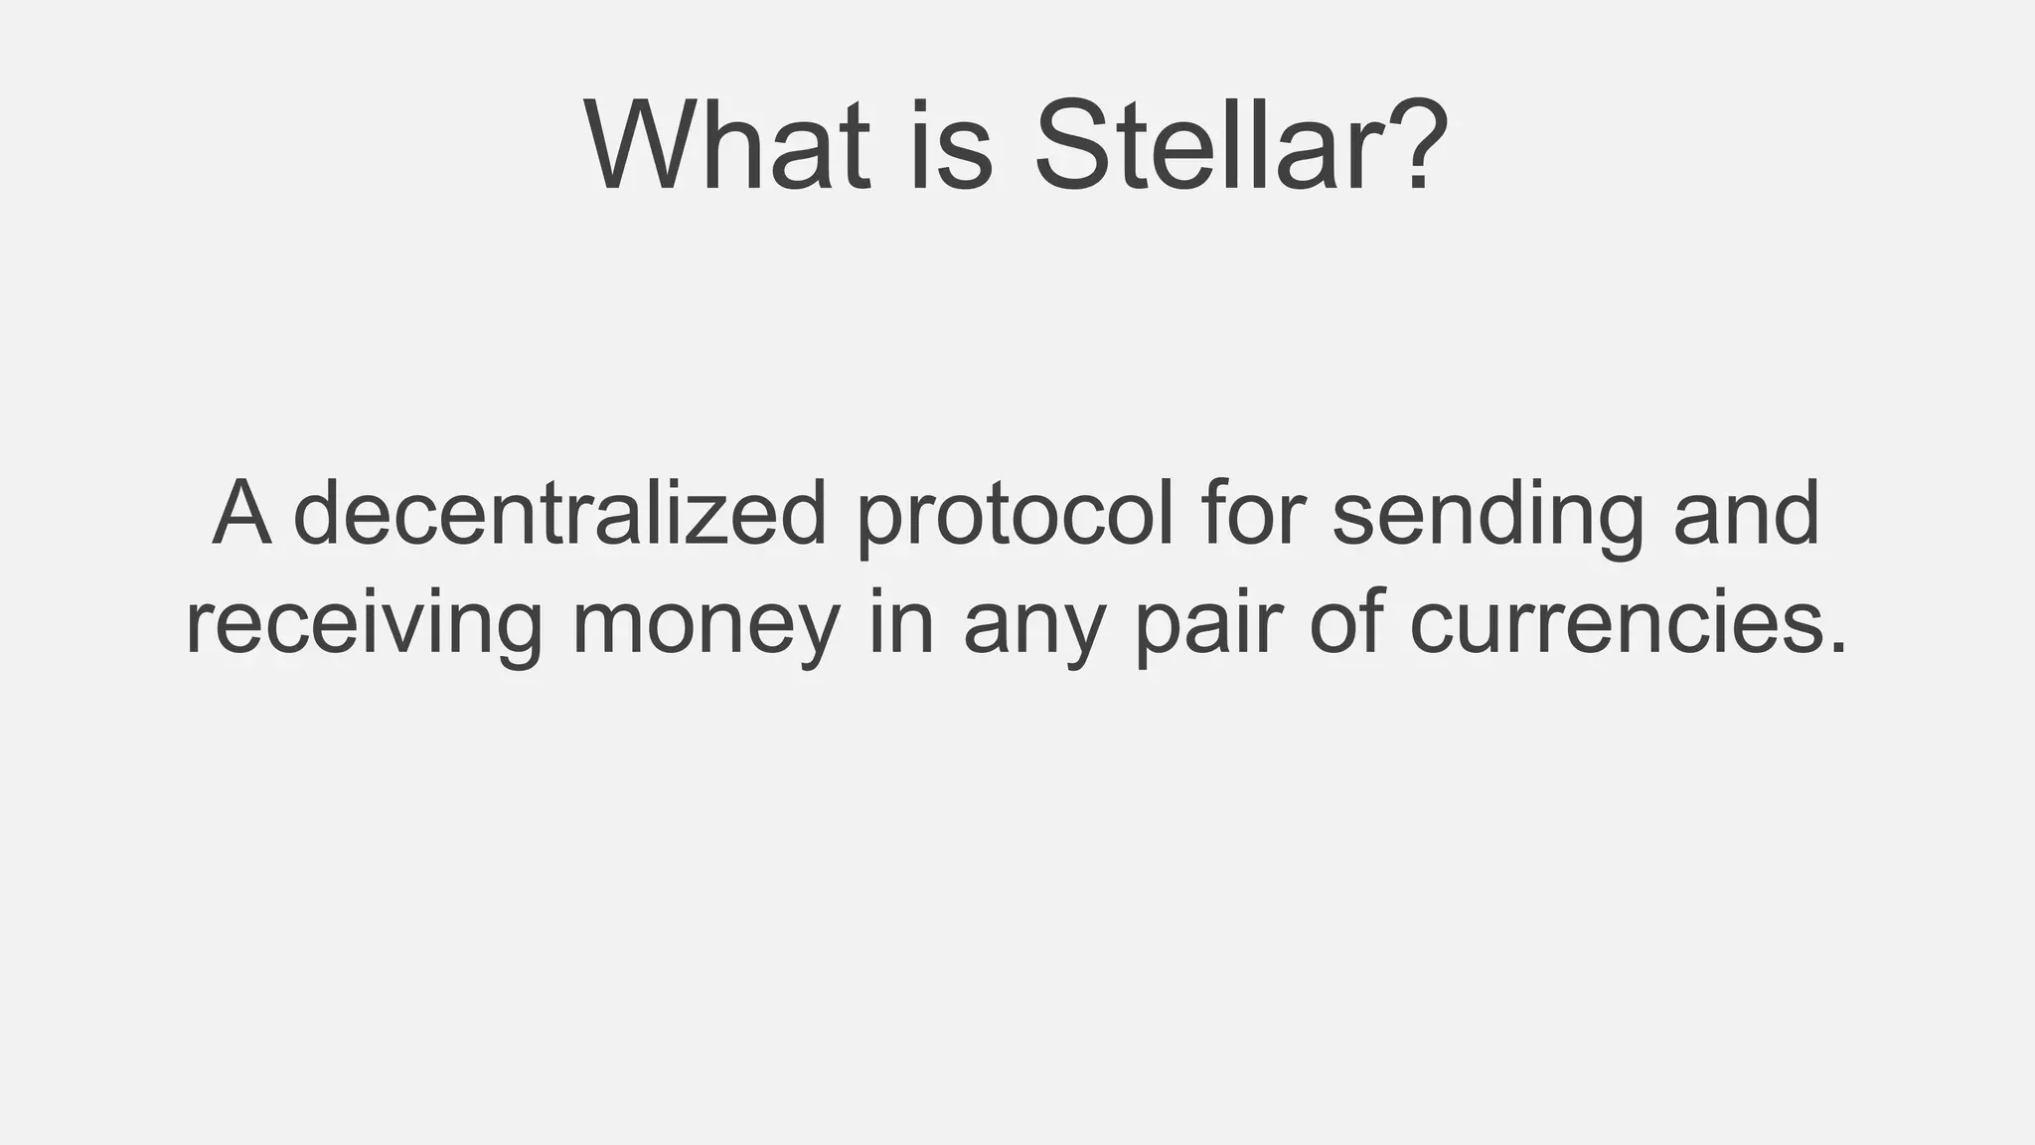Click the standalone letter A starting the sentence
point(241,514)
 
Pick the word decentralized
point(560,514)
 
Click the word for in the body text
point(1251,514)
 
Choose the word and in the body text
point(1746,514)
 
